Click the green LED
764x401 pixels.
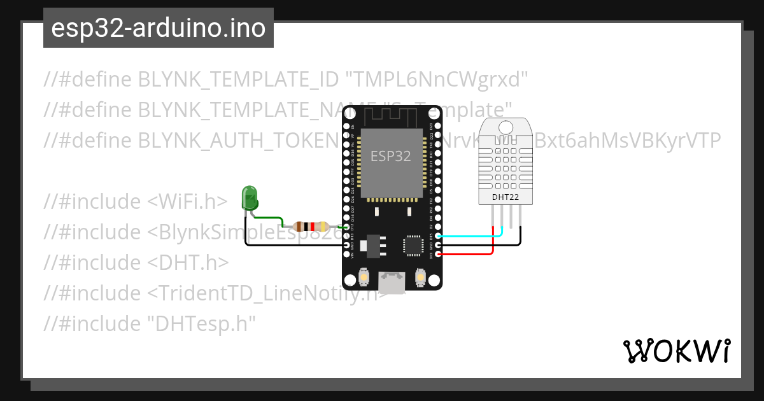(249, 197)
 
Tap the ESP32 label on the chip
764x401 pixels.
(391, 155)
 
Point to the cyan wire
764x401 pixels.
(471, 236)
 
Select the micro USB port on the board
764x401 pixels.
(392, 283)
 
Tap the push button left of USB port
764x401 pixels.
(363, 278)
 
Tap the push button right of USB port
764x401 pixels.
(420, 278)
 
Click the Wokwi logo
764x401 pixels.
(676, 351)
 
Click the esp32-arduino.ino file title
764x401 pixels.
(158, 28)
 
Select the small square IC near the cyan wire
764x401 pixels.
(413, 245)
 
